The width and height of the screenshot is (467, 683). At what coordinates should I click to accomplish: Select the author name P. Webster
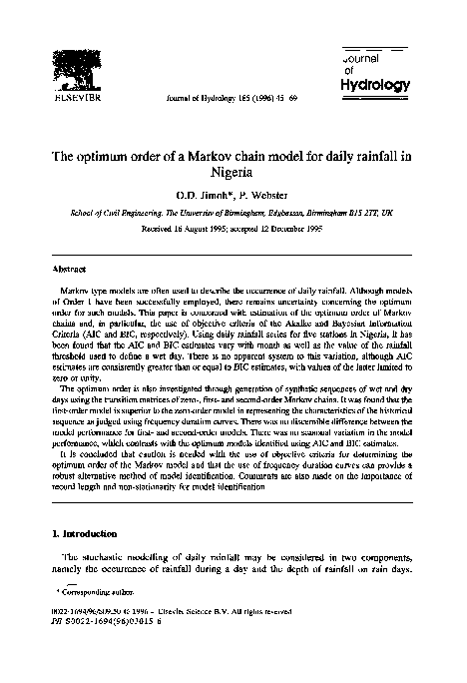259,198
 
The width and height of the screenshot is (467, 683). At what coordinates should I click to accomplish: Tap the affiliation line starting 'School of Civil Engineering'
233,213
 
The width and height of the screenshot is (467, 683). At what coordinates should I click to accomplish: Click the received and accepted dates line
233,228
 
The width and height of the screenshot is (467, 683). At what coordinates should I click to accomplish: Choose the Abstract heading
68,269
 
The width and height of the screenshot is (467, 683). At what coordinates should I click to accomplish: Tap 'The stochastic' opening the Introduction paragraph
94,555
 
